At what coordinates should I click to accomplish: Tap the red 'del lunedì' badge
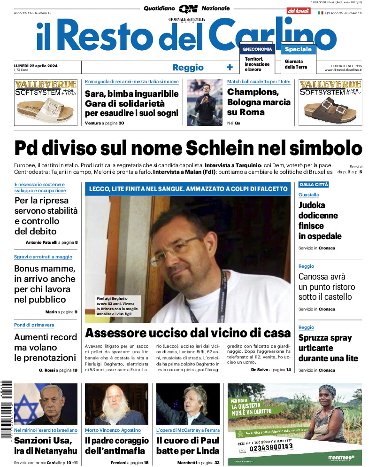point(299,10)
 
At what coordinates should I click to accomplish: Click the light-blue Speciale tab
point(298,49)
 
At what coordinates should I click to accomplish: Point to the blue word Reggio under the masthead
point(188,67)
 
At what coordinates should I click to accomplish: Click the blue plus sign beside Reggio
point(230,67)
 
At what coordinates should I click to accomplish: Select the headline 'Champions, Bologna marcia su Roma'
point(259,102)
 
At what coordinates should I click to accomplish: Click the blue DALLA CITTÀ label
point(314,185)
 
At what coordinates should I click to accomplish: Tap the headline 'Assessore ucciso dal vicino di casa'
point(188,333)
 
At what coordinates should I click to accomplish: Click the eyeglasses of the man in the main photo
point(184,245)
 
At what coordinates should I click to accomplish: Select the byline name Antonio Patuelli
point(41,242)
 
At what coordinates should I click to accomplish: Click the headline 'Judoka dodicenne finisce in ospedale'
point(320,220)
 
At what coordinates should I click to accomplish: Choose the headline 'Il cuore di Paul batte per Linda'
point(188,446)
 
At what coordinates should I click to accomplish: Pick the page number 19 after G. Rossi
point(75,370)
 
